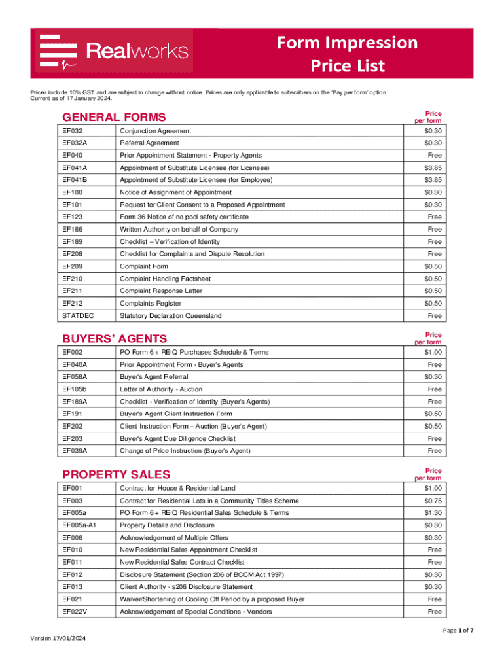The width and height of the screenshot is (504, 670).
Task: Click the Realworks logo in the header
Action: click(x=114, y=51)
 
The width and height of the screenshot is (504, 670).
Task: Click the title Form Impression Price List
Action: click(x=347, y=54)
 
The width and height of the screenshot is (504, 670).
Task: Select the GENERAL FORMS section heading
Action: click(x=114, y=118)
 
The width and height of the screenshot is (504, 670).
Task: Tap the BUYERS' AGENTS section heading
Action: click(x=115, y=339)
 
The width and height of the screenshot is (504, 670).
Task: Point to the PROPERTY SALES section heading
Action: click(x=116, y=475)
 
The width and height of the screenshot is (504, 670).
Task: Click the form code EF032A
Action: click(x=75, y=143)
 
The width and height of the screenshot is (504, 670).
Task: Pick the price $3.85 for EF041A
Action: click(x=433, y=167)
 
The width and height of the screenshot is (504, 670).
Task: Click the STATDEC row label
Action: click(x=78, y=316)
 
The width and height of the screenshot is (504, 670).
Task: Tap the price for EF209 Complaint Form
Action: click(x=433, y=266)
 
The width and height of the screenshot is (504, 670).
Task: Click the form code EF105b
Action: click(x=75, y=389)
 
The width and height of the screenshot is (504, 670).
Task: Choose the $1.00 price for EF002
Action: click(x=433, y=353)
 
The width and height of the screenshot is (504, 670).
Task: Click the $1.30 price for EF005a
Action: click(x=433, y=513)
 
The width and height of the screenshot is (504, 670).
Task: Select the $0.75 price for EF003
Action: click(x=433, y=501)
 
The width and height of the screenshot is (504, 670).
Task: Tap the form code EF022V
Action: click(x=75, y=612)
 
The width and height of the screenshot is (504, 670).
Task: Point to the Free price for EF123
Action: click(x=435, y=217)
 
